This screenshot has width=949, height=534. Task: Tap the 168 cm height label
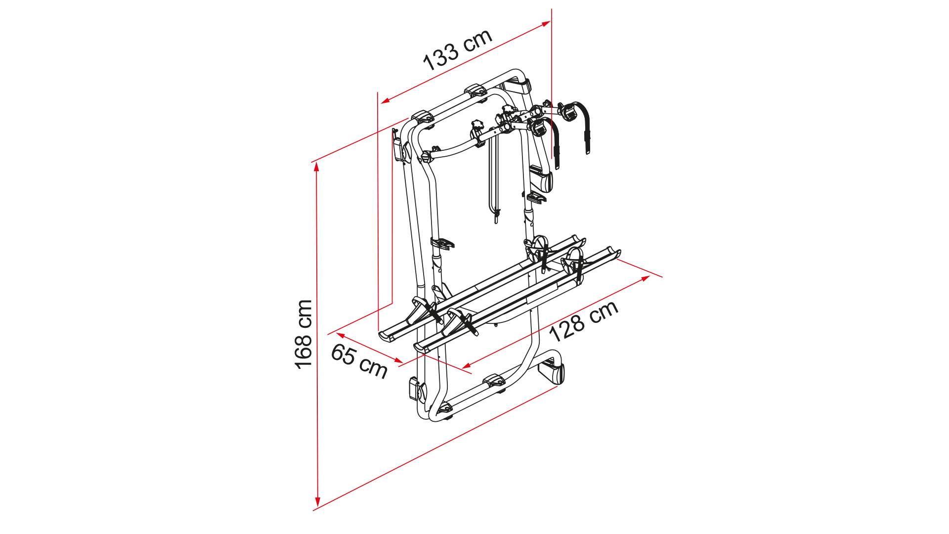[x=303, y=334]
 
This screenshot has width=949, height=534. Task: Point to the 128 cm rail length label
[x=584, y=321]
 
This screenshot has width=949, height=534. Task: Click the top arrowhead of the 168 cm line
[x=317, y=167]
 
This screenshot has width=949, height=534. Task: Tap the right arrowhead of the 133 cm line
[x=546, y=23]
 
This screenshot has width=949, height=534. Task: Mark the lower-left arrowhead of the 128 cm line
[x=466, y=366]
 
